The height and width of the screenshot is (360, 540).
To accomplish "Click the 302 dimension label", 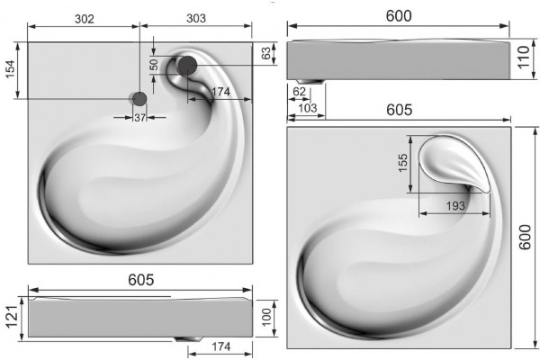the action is [85, 19].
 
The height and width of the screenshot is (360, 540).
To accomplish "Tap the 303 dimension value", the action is [196, 18].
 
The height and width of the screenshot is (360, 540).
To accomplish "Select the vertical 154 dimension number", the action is [11, 69].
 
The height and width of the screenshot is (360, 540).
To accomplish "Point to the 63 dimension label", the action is [265, 53].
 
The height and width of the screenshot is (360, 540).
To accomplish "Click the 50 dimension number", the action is [154, 65].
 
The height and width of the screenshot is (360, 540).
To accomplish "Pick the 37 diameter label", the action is [139, 118].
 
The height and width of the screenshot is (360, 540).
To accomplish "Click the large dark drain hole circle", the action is [187, 65].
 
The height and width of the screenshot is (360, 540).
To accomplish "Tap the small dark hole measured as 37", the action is [139, 99].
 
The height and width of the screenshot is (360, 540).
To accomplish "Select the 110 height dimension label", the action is [523, 58].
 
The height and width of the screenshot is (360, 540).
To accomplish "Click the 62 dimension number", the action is [299, 92].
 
